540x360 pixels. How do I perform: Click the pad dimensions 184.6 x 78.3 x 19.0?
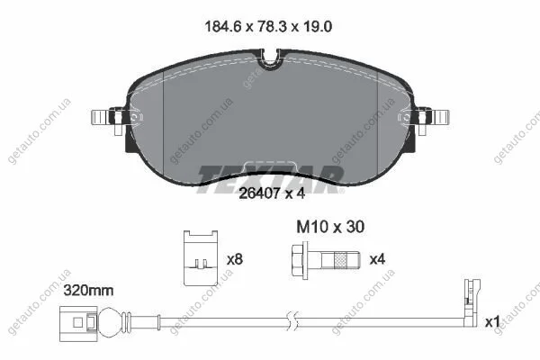[268, 27]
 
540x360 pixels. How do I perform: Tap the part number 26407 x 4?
[272, 193]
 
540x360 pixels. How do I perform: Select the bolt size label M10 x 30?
[330, 227]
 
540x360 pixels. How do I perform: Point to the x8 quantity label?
[235, 259]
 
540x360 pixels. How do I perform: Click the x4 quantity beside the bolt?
[377, 259]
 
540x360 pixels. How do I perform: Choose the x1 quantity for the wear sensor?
[492, 322]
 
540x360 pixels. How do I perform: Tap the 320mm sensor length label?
[88, 291]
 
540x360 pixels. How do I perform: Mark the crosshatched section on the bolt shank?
[340, 259]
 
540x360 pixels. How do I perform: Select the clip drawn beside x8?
[201, 258]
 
